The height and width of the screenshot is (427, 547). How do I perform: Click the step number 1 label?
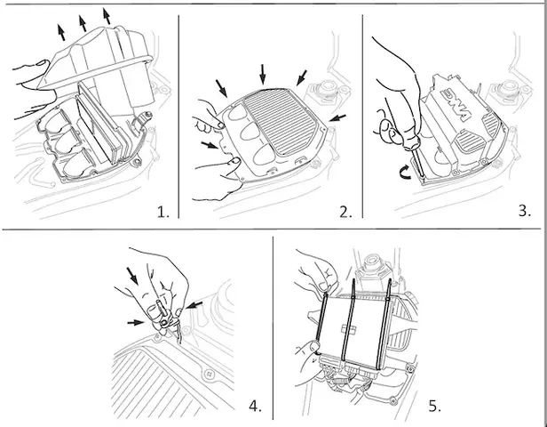click(162, 212)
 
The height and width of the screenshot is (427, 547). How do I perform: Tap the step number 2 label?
click(345, 212)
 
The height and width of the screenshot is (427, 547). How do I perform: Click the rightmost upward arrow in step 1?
click(107, 14)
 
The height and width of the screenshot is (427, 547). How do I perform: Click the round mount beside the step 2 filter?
click(321, 93)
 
